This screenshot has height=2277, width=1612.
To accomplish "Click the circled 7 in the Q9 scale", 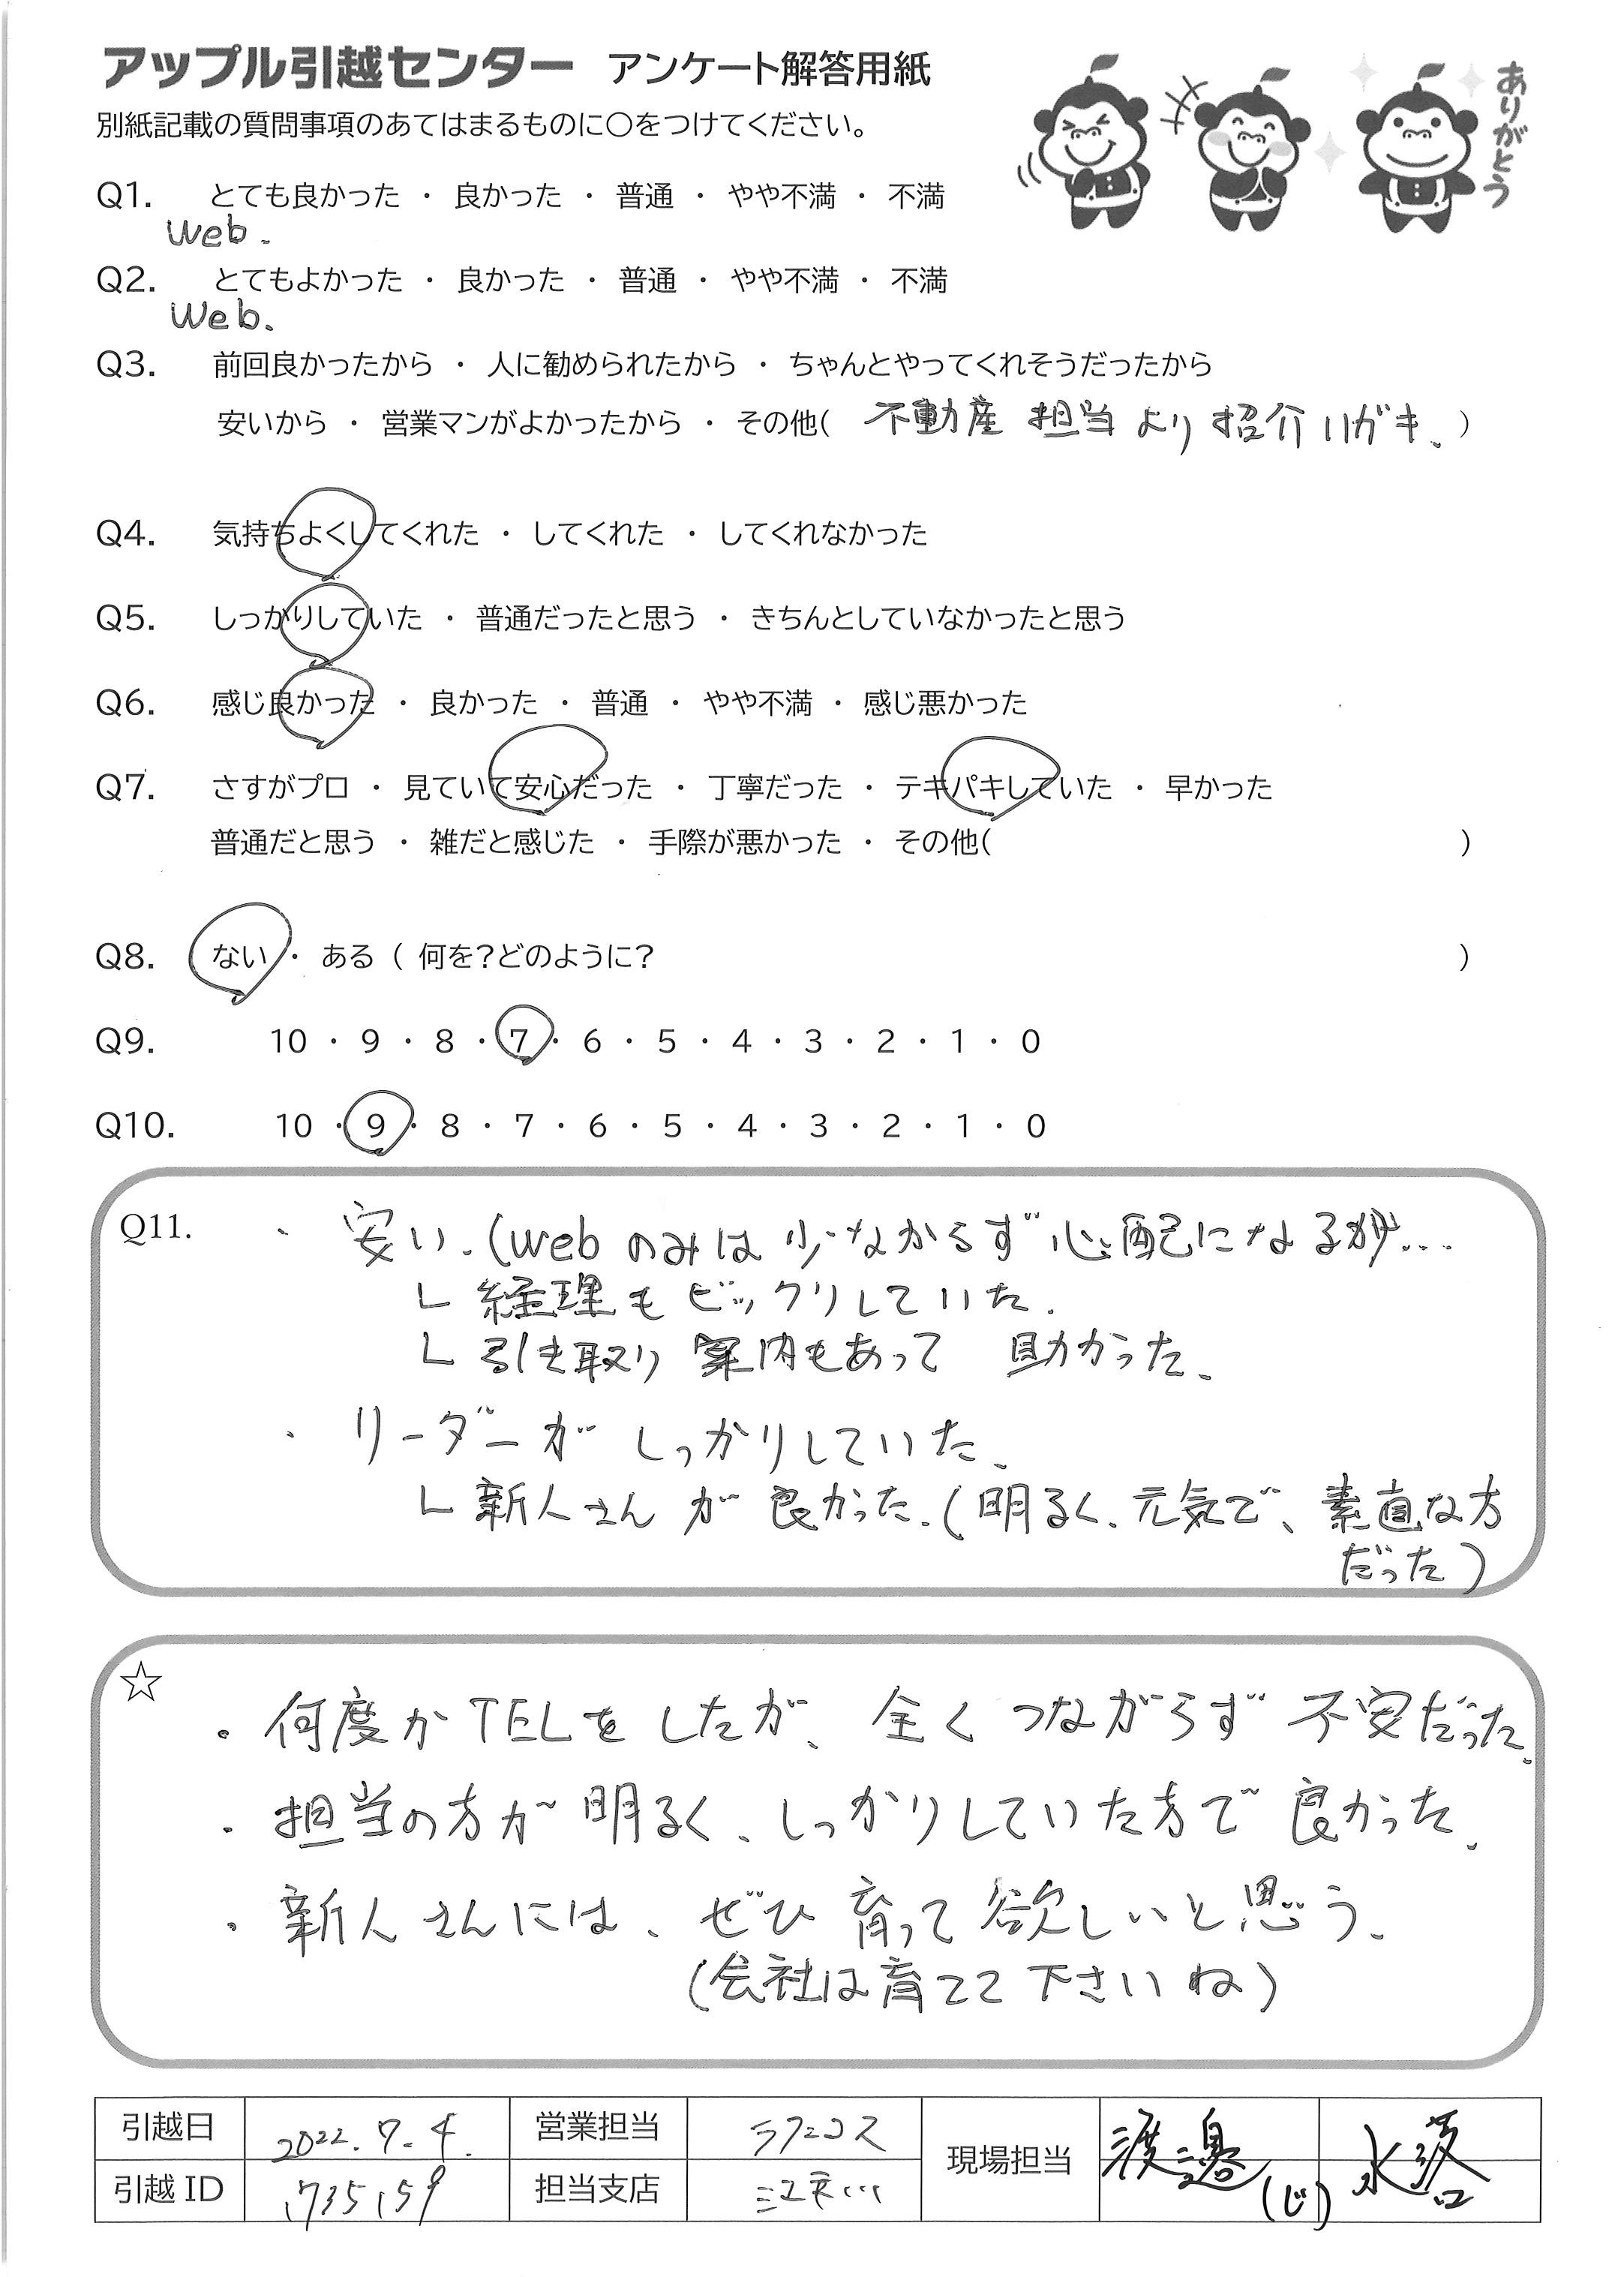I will tap(519, 1041).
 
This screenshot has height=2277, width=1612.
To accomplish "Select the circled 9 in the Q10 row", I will tap(375, 1125).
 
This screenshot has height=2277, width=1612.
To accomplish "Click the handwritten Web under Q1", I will tap(209, 234).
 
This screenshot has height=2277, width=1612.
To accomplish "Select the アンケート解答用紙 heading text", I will tap(770, 71).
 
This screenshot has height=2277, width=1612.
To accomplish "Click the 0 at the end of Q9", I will tap(1031, 1041).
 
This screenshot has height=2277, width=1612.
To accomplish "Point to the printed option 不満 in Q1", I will tap(915, 197).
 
